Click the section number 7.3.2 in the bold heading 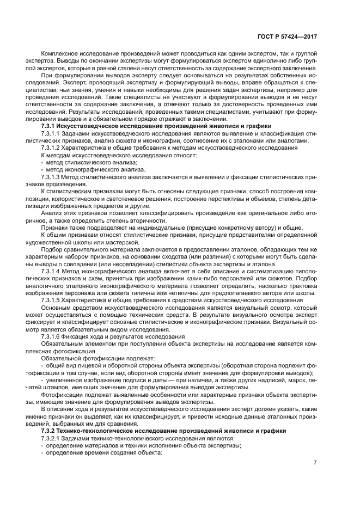pos(50,431)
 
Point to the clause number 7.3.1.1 pos(52,133)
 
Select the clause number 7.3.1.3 pos(52,177)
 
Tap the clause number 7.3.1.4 pos(52,271)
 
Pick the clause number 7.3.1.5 pos(52,300)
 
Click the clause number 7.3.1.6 pos(52,337)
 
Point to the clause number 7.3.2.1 pos(52,438)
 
